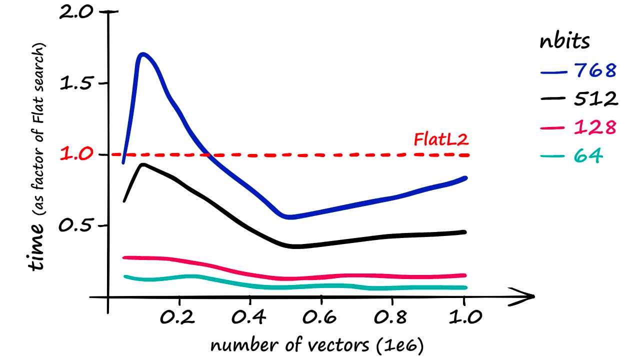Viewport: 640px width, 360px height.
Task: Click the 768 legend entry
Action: point(594,71)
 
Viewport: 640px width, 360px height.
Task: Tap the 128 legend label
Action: point(594,127)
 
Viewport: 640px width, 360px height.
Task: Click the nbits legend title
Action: point(564,42)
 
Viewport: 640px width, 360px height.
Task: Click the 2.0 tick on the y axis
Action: point(76,12)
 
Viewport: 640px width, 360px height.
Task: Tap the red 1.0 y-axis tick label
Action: point(76,154)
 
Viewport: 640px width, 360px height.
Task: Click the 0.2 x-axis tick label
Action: point(179,317)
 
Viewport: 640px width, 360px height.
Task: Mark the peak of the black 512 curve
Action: point(143,164)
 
